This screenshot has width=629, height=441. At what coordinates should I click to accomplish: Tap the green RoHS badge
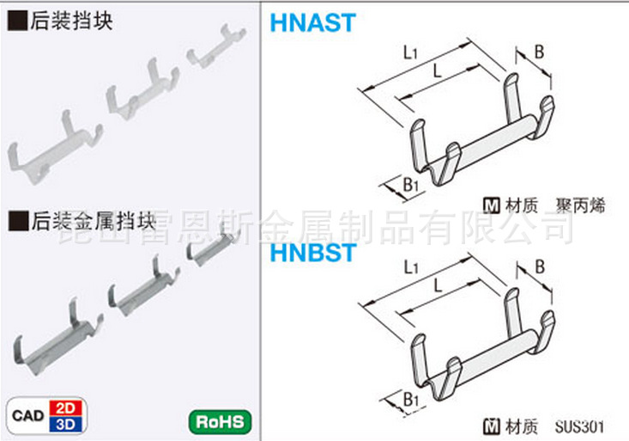pyautogui.click(x=220, y=421)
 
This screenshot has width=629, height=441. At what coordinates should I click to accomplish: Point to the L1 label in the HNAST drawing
pyautogui.click(x=411, y=53)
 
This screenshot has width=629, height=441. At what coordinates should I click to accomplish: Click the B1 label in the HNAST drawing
pyautogui.click(x=410, y=182)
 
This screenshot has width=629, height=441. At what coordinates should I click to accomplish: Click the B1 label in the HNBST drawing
pyautogui.click(x=410, y=399)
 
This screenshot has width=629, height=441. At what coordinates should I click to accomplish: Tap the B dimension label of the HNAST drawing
pyautogui.click(x=539, y=52)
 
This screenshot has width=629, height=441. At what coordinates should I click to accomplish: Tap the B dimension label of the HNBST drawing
pyautogui.click(x=539, y=268)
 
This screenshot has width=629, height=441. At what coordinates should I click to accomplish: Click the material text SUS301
pyautogui.click(x=579, y=426)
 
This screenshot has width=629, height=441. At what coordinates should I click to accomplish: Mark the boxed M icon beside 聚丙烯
pyautogui.click(x=493, y=205)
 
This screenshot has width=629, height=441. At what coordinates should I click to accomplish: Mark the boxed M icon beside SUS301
pyautogui.click(x=493, y=426)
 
